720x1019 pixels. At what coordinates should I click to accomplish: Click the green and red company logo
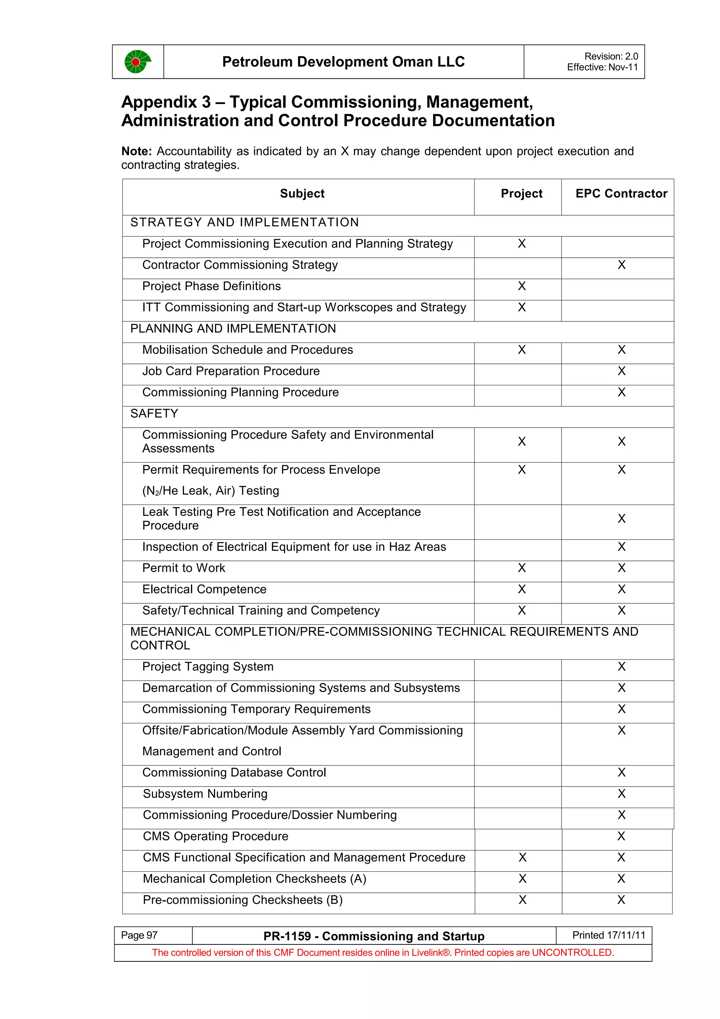pos(137,62)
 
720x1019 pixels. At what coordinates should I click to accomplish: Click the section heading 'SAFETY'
pos(154,414)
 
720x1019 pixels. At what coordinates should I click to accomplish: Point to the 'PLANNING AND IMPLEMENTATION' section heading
pos(233,328)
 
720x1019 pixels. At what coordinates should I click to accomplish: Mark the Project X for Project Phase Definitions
pos(522,286)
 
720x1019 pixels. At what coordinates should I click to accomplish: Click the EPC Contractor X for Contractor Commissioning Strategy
pos(621,265)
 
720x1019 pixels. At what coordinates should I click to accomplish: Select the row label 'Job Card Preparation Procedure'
pos(231,371)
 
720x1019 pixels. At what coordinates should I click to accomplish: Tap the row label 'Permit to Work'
pos(184,568)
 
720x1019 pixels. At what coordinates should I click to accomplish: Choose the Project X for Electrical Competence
pos(522,589)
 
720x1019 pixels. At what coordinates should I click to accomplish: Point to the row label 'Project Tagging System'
pos(208,667)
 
